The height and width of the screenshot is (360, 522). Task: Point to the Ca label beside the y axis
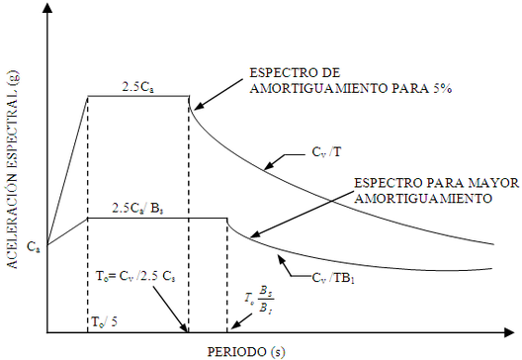point(32,243)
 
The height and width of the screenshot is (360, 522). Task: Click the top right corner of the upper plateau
point(188,96)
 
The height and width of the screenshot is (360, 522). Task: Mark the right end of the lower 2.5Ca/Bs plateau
point(227,218)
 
